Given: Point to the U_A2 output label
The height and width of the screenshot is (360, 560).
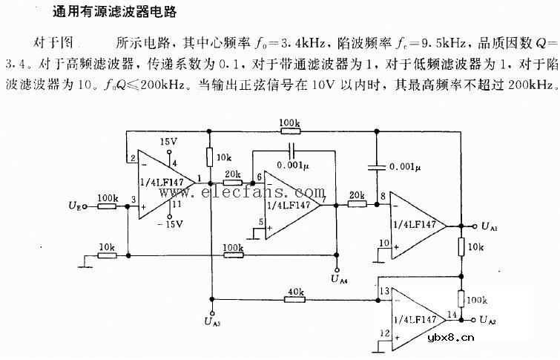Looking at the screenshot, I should [x=490, y=321].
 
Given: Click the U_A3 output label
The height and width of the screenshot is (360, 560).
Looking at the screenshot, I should [x=213, y=321].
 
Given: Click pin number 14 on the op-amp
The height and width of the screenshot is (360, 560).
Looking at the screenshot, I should [x=451, y=314].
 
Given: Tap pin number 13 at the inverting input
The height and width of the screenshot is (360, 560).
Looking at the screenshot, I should [x=383, y=292].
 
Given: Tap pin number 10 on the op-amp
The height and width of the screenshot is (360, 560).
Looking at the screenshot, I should [x=384, y=243].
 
